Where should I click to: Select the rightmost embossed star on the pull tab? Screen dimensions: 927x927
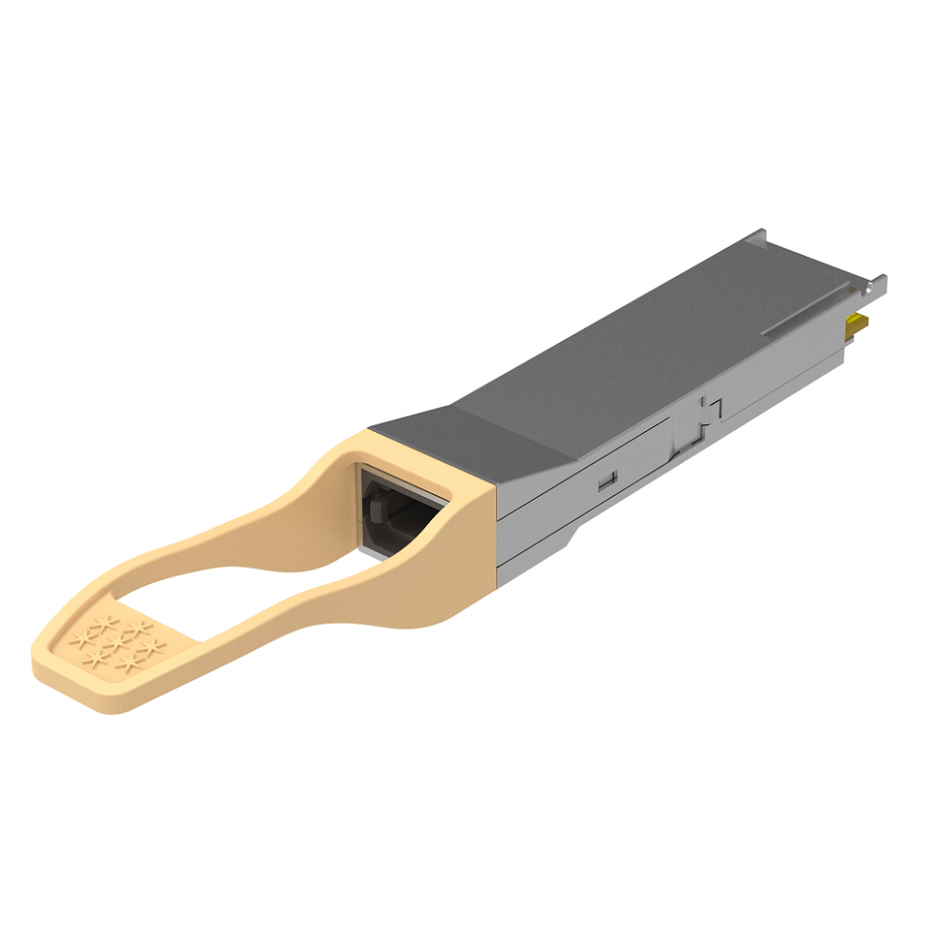pyautogui.click(x=153, y=648)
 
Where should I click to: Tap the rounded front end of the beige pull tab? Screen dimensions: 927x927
pyautogui.click(x=57, y=669)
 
